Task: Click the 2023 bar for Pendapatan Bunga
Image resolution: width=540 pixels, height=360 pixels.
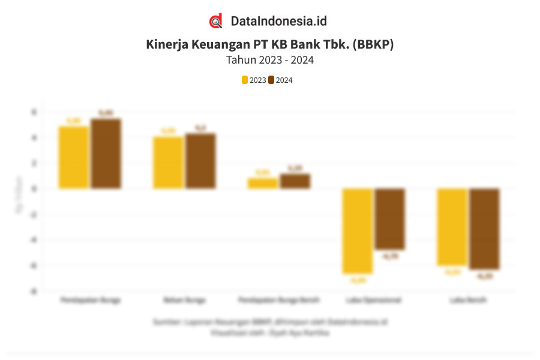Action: (x=74, y=157)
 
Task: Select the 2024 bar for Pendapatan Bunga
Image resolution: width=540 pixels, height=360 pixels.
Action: (x=106, y=154)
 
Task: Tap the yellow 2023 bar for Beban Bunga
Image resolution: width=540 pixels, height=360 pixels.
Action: (x=168, y=163)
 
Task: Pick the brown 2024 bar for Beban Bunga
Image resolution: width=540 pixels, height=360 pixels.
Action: (x=200, y=161)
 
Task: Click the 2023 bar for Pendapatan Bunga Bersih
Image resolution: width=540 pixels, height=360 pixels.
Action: (x=262, y=183)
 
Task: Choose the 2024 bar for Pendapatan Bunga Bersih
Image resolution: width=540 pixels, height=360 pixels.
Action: (x=295, y=181)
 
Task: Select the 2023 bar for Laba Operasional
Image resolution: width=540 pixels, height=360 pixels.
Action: (x=357, y=231)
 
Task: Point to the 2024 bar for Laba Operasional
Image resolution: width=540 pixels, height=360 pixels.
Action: (x=389, y=219)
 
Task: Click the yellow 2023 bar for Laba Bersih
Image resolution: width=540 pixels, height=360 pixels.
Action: (x=451, y=227)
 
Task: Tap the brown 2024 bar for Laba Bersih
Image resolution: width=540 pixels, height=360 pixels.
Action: (x=484, y=229)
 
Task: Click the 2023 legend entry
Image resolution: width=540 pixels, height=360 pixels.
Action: (x=254, y=80)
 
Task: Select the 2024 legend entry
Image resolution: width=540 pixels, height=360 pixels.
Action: (x=280, y=80)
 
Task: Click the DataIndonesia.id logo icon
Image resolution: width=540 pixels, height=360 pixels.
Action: (x=216, y=21)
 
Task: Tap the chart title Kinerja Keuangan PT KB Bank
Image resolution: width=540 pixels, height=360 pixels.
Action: (x=270, y=44)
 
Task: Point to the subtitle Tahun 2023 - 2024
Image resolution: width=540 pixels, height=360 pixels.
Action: (x=270, y=60)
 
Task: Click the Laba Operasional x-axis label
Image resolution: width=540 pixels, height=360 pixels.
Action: (x=373, y=299)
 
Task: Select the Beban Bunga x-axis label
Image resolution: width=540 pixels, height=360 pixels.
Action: (x=184, y=299)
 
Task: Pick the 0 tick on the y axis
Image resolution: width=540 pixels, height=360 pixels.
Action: (x=35, y=188)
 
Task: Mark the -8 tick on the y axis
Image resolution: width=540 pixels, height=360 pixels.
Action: (x=34, y=291)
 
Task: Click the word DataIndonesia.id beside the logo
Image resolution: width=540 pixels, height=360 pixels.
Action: (x=278, y=21)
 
